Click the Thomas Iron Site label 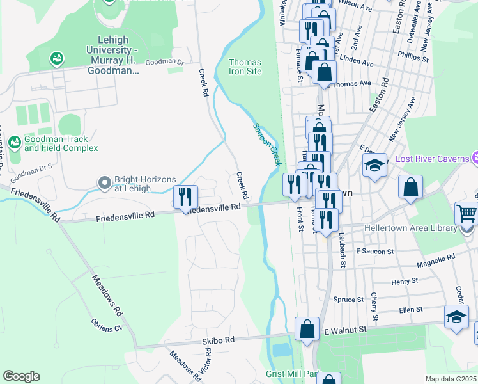tap(245, 67)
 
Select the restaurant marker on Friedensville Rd tap(186, 198)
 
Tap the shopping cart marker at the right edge tap(466, 214)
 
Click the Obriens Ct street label tap(106, 328)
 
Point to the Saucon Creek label tap(268, 145)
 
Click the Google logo tap(21, 376)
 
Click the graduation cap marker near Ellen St tap(456, 317)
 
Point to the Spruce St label tap(349, 299)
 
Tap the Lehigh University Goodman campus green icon tap(58, 59)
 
